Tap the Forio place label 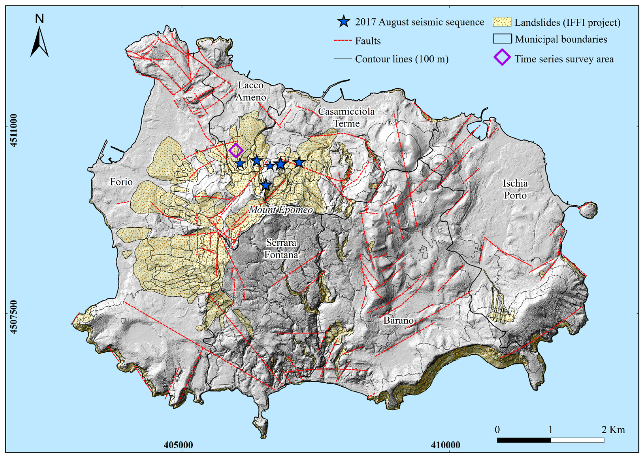coord(121,182)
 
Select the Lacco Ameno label coord(251,91)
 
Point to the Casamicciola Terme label coord(347,117)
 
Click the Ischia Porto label coord(515,189)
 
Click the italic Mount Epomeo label coord(281,210)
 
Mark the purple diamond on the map coord(236,151)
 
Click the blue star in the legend coord(343,22)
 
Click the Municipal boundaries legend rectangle coord(502,39)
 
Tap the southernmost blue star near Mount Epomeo coord(266,185)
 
